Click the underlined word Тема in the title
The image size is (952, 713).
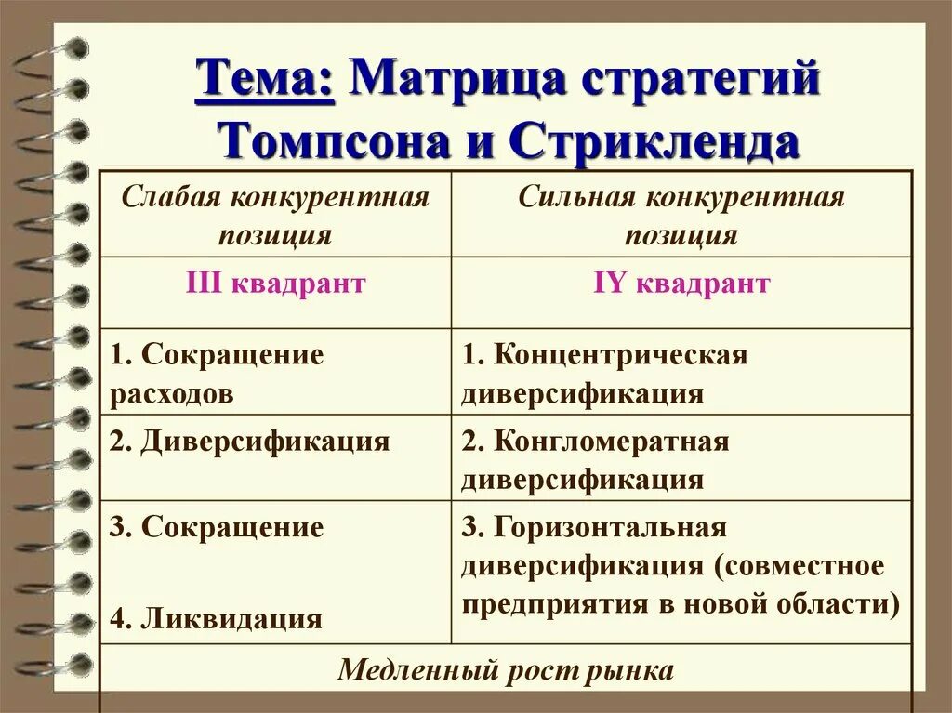264,79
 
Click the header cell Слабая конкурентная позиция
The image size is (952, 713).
276,215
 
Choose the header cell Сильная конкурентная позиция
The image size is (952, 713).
681,215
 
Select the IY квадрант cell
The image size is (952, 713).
681,283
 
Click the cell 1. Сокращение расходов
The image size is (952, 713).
217,373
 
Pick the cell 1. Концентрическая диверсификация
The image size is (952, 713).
604,373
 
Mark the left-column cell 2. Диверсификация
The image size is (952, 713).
249,441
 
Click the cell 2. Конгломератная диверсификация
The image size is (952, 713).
595,459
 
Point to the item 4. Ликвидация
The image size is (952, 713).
216,618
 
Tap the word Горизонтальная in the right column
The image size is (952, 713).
609,528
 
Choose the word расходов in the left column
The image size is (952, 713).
172,392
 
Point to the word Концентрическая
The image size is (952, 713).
621,354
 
